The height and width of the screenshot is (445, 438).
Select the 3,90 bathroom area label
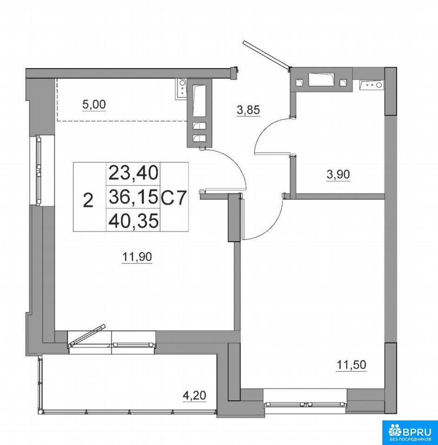click(x=338, y=174)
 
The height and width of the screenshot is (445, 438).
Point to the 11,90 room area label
click(x=137, y=257)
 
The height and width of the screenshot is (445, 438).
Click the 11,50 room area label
click(x=351, y=365)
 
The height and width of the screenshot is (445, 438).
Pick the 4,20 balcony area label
click(x=194, y=395)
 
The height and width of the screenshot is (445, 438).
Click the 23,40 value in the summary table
click(x=133, y=173)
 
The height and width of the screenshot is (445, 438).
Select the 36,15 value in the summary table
click(x=133, y=197)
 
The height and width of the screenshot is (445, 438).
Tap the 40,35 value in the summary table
click(x=133, y=221)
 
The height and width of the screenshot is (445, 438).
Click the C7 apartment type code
click(x=174, y=197)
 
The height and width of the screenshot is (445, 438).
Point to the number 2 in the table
click(x=89, y=200)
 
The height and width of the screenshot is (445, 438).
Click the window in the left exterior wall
click(x=39, y=170)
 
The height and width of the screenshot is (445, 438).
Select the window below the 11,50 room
click(x=305, y=404)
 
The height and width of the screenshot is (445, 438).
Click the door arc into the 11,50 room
click(x=273, y=224)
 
